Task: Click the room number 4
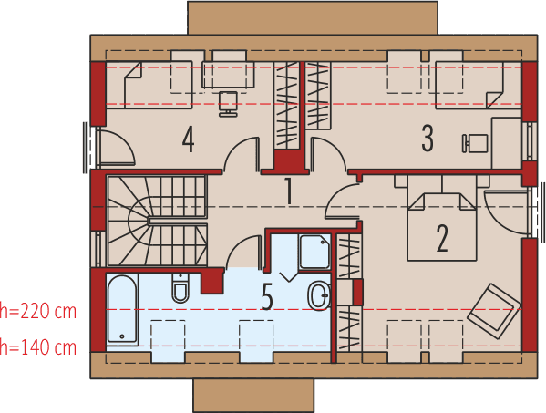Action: pos(189,139)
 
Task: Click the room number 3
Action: pos(428,138)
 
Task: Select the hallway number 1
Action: pos(288,191)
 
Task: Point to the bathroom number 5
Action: pos(267,297)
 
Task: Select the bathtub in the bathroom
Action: pos(122,309)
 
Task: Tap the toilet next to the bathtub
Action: pos(180,290)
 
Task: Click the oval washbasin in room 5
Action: pos(319,294)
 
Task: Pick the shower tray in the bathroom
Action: pos(314,252)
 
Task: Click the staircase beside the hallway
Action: pos(155,218)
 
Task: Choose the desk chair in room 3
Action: pos(475,143)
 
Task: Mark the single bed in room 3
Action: pos(470,85)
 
